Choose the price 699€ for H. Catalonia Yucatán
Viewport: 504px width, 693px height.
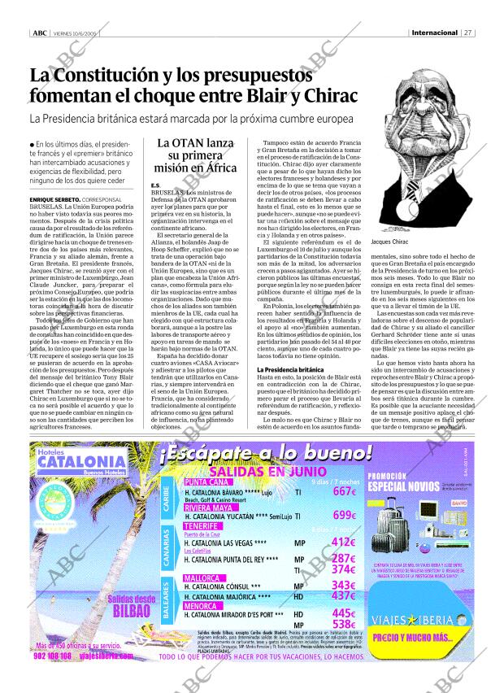(x=344, y=516)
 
